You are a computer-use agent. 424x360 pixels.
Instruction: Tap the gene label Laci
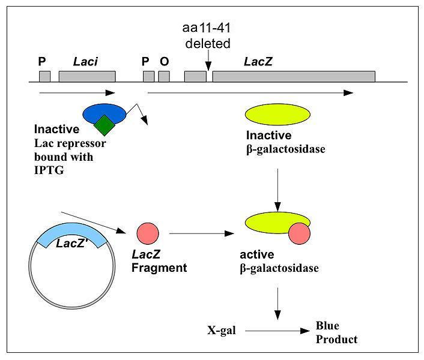pos(86,61)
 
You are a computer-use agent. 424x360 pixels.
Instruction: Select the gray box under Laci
pos(87,76)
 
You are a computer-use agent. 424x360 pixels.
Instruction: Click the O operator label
pos(163,61)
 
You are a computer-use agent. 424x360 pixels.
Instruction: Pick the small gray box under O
pos(163,76)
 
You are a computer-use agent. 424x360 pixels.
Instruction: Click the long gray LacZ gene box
pos(294,76)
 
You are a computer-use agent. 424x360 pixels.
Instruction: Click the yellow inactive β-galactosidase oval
pos(277,115)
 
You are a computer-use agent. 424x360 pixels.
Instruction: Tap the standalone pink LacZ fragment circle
pos(148,233)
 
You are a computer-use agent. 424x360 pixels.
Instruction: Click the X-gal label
pos(220,331)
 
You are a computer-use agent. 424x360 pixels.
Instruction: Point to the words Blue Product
pos(336,333)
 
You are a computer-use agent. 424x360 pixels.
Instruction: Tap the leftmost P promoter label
pos(42,61)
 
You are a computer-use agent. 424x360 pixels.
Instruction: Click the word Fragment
pos(159,268)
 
